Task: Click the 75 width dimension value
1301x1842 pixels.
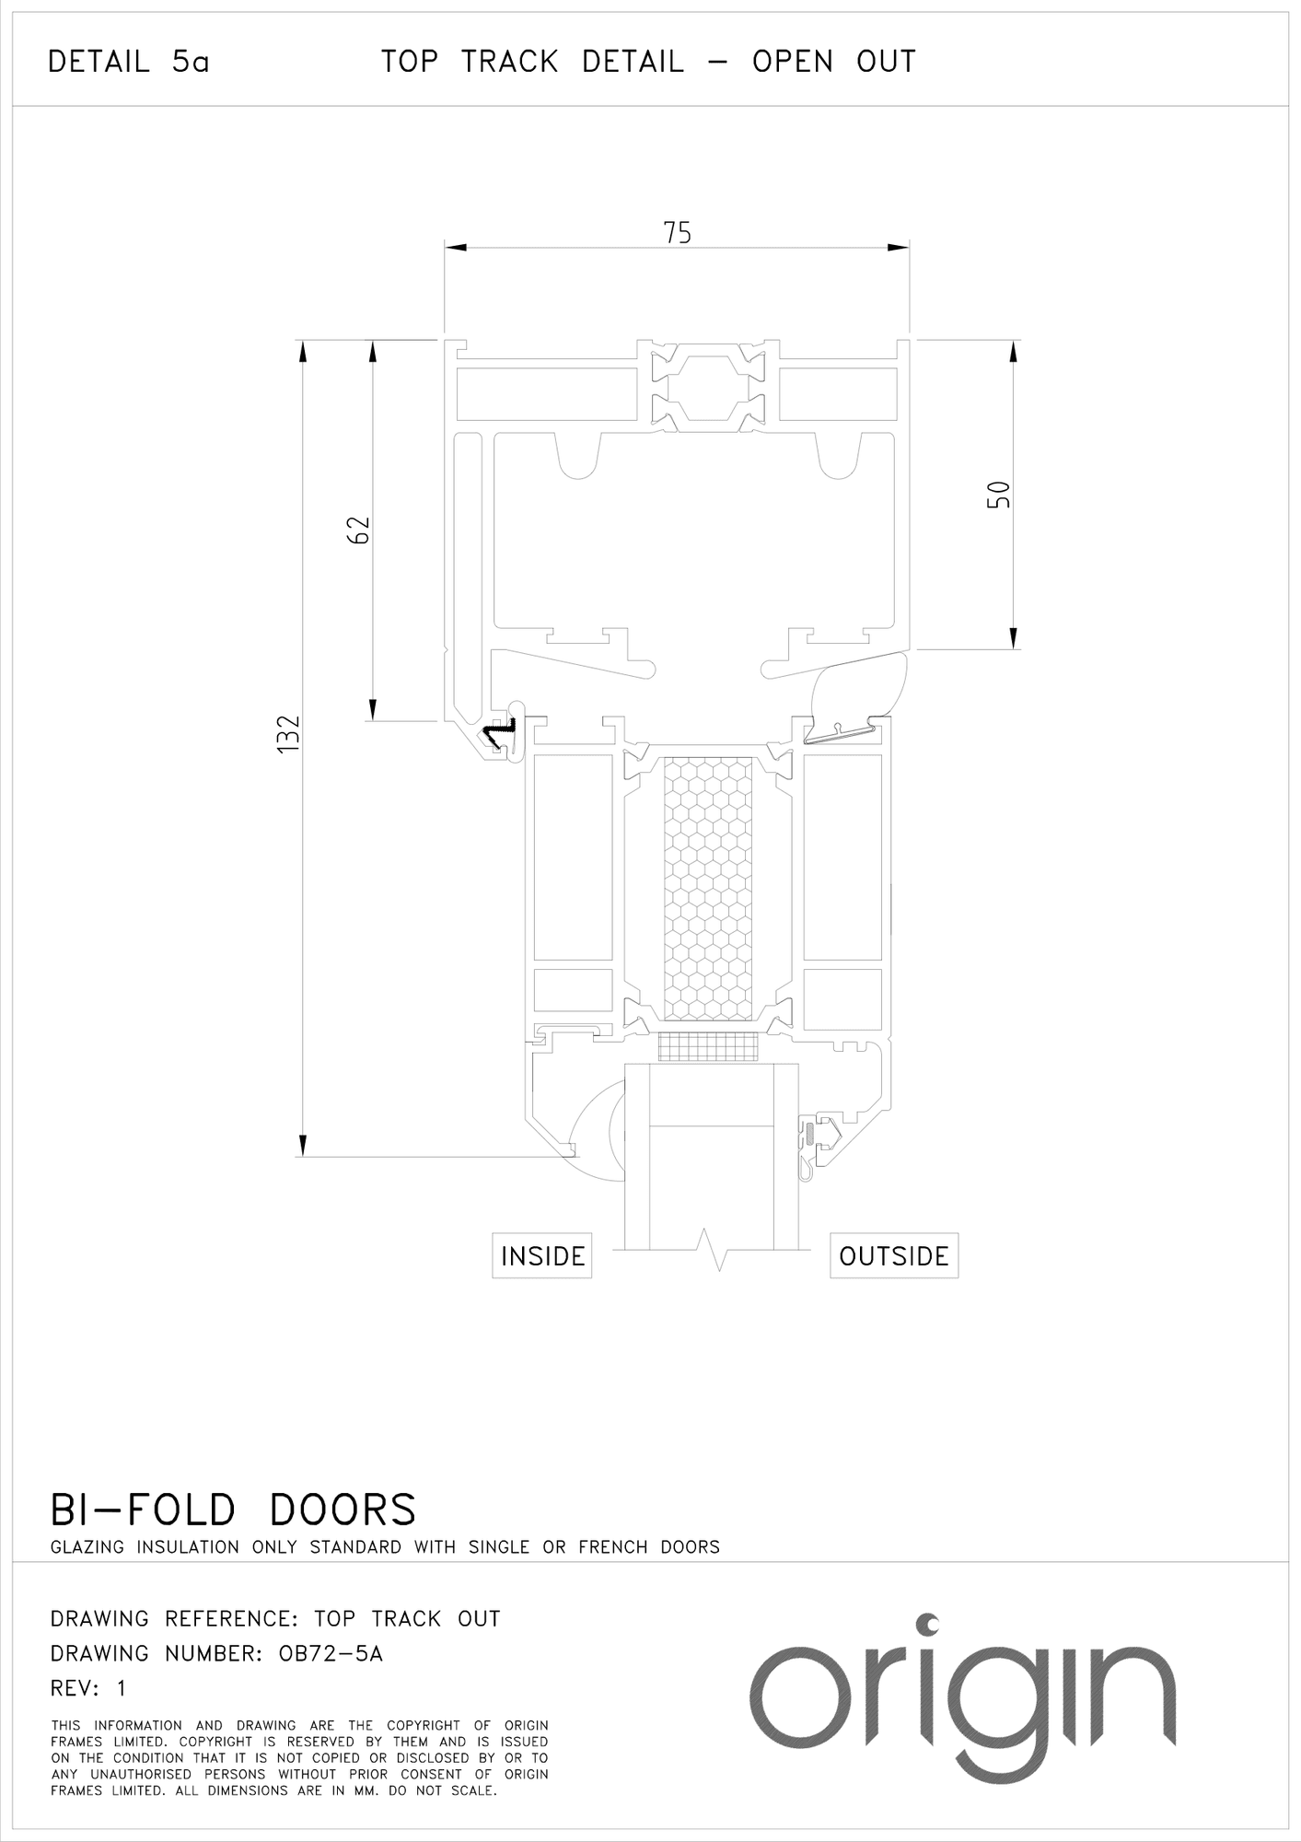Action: click(x=677, y=233)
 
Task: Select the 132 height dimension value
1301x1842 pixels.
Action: click(x=289, y=734)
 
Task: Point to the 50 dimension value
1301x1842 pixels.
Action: click(x=999, y=495)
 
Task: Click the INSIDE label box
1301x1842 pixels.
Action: click(x=542, y=1256)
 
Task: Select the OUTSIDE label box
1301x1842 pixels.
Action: click(x=894, y=1256)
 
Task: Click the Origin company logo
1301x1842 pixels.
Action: click(x=962, y=1695)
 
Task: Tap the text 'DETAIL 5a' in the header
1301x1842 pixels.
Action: click(x=129, y=63)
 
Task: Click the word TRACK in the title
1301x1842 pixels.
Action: click(x=509, y=62)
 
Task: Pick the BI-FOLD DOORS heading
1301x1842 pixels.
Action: click(x=233, y=1510)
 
